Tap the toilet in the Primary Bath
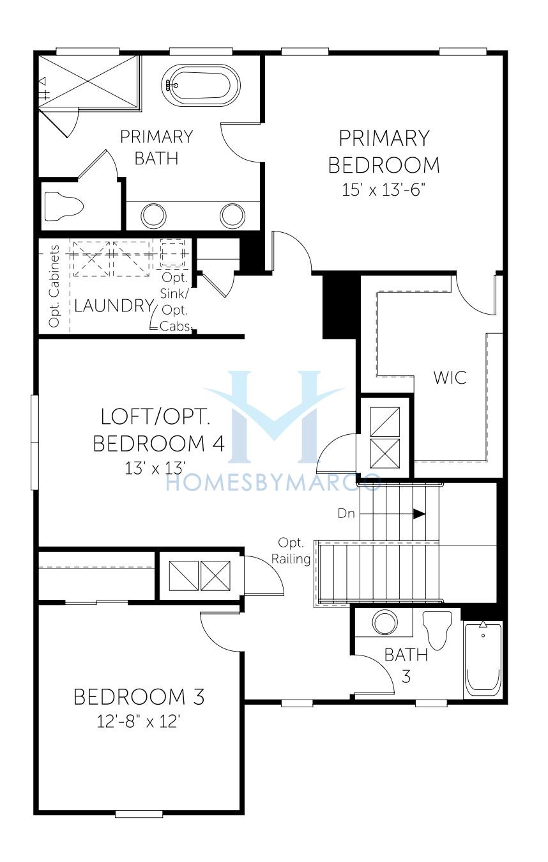point(64,207)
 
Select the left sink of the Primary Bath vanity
point(154,215)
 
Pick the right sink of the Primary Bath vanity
point(232,215)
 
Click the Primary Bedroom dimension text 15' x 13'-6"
point(384,190)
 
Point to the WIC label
point(450,377)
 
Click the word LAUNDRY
point(114,306)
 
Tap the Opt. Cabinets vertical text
point(54,286)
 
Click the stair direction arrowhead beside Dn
point(419,514)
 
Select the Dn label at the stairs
point(346,513)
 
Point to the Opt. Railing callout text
point(291,551)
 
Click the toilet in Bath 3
point(437,630)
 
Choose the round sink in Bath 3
point(385,622)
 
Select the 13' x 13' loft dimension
point(156,468)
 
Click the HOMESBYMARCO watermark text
point(273,483)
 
